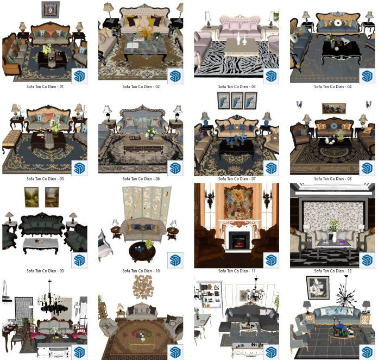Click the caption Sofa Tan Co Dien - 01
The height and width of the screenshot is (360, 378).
45,86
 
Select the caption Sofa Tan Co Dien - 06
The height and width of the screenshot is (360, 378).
141,179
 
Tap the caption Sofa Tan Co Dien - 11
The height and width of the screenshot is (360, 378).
237,271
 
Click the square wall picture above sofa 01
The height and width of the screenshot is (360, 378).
51,10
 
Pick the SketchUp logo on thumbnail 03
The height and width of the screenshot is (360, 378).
271,76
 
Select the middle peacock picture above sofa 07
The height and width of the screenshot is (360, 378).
237,101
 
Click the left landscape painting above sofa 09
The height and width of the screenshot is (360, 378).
31,197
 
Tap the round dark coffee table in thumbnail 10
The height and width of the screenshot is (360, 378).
142,252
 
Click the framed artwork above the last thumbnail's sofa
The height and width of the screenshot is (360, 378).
318,288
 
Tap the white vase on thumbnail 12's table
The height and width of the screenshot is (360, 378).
335,238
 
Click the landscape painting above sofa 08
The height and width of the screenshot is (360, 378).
334,109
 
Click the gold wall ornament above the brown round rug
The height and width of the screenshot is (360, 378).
142,287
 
